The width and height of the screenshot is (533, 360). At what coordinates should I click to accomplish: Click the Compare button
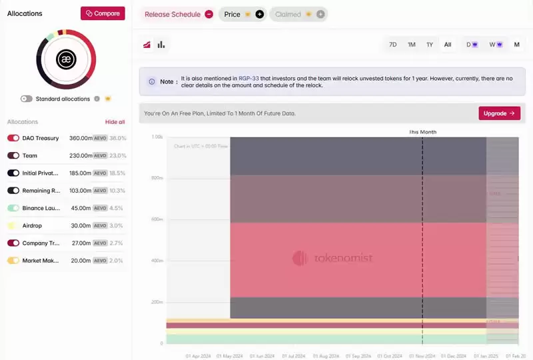pyautogui.click(x=103, y=13)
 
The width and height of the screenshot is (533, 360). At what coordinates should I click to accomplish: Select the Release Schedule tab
pyautogui.click(x=172, y=14)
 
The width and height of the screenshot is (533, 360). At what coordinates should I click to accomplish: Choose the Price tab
pyautogui.click(x=233, y=14)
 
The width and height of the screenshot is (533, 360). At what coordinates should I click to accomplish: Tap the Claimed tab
pyautogui.click(x=288, y=14)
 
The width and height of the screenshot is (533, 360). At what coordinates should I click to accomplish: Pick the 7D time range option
pyautogui.click(x=393, y=45)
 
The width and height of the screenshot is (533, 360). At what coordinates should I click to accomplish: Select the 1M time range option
pyautogui.click(x=412, y=45)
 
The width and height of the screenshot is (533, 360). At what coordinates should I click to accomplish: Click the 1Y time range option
pyautogui.click(x=430, y=45)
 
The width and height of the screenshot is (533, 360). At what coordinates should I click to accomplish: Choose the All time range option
pyautogui.click(x=448, y=45)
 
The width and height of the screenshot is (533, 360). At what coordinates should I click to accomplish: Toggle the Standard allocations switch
pyautogui.click(x=27, y=99)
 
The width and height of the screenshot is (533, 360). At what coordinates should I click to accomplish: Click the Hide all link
pyautogui.click(x=115, y=122)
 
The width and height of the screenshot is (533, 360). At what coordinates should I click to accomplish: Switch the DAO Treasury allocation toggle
pyautogui.click(x=13, y=138)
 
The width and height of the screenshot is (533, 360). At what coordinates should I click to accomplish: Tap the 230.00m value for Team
pyautogui.click(x=80, y=155)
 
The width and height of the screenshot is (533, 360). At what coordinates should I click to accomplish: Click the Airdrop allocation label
pyautogui.click(x=32, y=226)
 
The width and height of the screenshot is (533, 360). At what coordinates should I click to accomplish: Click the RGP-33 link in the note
pyautogui.click(x=249, y=78)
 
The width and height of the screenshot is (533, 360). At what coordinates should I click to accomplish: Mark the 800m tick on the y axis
pyautogui.click(x=157, y=178)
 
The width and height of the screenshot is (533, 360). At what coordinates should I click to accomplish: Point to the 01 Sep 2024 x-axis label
pyautogui.click(x=357, y=356)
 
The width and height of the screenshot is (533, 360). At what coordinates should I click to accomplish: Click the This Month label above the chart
pyautogui.click(x=422, y=132)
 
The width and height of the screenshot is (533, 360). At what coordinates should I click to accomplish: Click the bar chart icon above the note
pyautogui.click(x=161, y=45)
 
